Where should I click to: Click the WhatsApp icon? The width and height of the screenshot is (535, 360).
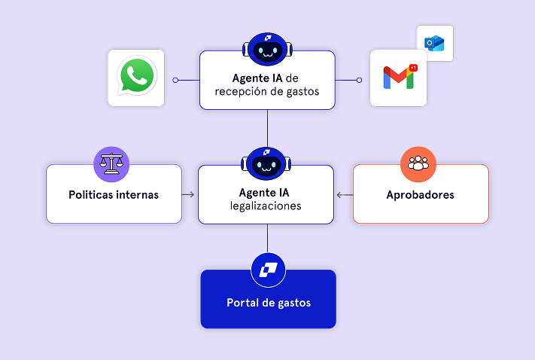pos(136,78)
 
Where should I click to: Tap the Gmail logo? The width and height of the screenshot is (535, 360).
pos(399,78)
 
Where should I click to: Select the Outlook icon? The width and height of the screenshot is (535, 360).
pos(435,43)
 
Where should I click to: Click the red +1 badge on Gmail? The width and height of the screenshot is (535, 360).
pos(413,68)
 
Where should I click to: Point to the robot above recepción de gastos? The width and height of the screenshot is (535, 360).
pos(267,50)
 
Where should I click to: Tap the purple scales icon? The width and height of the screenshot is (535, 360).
pos(111,163)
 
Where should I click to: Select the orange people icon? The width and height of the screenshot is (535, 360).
pos(418,163)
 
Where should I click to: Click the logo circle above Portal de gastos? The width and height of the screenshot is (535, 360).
pos(268,269)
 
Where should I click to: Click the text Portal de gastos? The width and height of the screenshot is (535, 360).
pos(268,303)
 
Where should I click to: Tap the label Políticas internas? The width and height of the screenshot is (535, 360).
pos(114,194)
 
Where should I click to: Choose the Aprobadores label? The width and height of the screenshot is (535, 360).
pos(420,194)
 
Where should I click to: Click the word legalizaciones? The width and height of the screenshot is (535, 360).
pos(266,206)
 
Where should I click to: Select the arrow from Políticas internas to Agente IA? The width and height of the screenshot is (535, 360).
pos(189,195)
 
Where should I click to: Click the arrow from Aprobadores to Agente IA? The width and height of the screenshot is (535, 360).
pos(344,195)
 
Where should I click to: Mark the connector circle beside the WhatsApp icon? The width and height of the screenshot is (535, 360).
pos(175,79)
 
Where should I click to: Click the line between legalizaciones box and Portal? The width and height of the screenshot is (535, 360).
pos(267,236)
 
